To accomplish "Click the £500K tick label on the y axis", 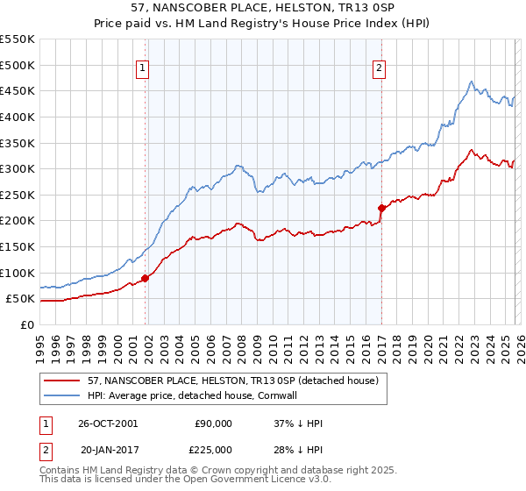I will click(18, 65).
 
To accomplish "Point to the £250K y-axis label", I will click(18, 195).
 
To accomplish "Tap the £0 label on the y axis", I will click(26, 324).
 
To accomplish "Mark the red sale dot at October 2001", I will click(146, 278).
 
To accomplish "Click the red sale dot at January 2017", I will click(381, 208).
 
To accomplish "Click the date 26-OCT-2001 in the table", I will click(109, 423).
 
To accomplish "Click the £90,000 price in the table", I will click(213, 423).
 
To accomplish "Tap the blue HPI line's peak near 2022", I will click(471, 82).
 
